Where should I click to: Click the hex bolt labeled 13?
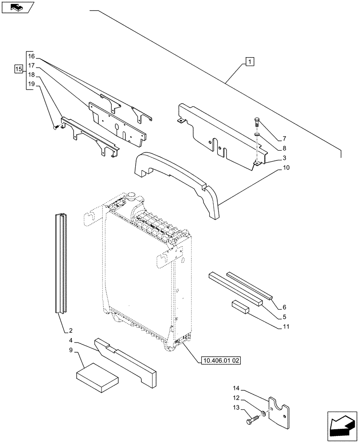(253, 418)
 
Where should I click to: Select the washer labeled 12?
(263, 414)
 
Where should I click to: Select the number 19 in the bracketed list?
(31, 84)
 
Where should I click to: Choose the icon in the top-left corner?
(17, 7)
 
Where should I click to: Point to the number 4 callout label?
(71, 341)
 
